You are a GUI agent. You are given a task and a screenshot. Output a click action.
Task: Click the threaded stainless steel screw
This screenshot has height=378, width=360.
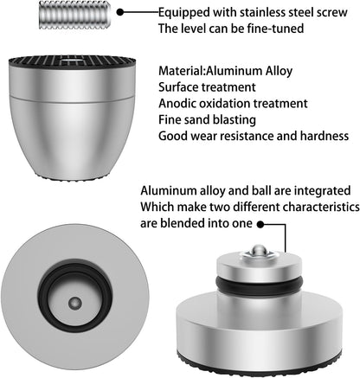(x=74, y=16)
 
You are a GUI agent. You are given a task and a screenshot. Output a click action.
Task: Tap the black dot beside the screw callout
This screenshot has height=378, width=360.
(x=120, y=12)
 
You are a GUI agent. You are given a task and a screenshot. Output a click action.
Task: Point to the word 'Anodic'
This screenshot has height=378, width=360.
(x=177, y=103)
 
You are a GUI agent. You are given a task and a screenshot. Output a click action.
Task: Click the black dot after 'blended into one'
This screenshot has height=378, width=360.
(x=260, y=224)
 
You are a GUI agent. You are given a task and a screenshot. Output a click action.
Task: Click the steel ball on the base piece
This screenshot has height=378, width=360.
(x=258, y=250)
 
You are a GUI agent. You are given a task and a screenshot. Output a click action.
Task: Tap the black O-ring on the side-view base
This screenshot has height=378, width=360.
(x=260, y=285)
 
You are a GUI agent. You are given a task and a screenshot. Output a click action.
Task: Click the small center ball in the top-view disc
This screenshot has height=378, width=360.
(x=75, y=303)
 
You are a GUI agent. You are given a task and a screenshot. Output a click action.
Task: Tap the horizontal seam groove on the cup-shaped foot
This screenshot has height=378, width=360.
(x=72, y=97)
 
